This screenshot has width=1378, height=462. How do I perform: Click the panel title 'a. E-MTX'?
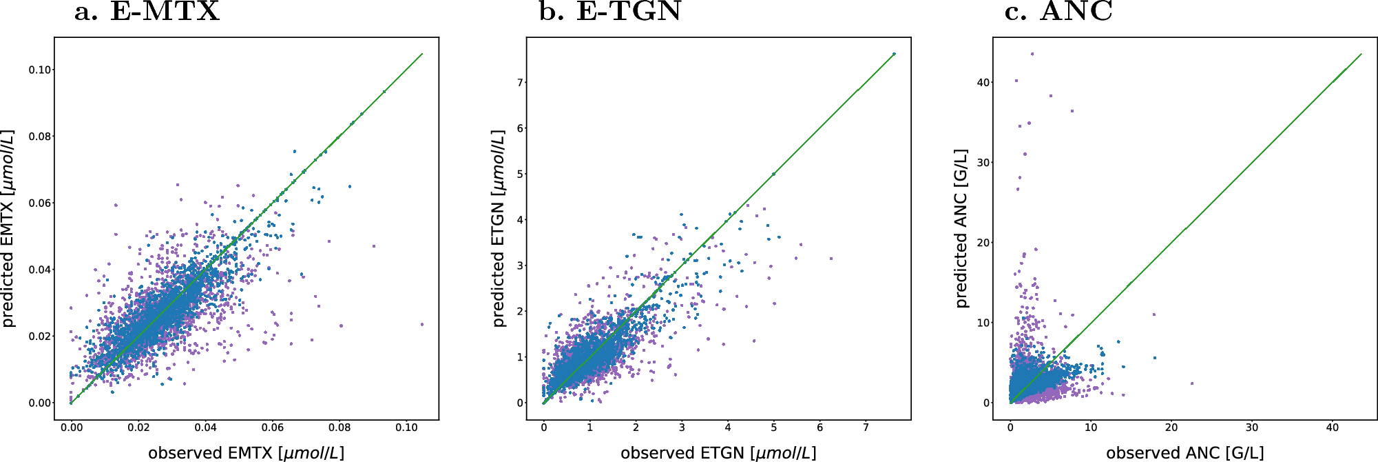[147, 12]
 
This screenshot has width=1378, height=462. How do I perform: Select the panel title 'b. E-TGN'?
[610, 12]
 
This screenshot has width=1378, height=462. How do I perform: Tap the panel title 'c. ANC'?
[1058, 12]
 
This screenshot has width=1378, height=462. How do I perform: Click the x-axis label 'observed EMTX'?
[246, 453]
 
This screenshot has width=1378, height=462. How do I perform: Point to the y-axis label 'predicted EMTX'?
[8, 228]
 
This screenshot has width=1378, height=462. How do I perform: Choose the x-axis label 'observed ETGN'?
[718, 453]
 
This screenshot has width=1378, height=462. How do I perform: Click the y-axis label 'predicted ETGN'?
[499, 228]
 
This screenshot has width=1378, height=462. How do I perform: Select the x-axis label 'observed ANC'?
[1184, 453]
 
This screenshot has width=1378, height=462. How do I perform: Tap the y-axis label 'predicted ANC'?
[962, 228]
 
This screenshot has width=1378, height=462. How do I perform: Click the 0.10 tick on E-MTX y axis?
[41, 70]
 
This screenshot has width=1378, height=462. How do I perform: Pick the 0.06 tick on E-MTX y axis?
[41, 203]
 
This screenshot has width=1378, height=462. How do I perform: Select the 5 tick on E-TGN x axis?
[773, 428]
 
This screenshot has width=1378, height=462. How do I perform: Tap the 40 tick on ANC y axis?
[983, 82]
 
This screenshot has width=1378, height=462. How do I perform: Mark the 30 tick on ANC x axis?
[1251, 428]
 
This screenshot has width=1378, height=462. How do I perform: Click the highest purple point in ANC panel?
[1032, 54]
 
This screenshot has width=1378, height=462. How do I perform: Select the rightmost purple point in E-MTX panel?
[422, 324]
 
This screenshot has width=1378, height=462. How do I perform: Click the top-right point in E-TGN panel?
[894, 54]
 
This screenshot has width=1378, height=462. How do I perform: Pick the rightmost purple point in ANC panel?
[1192, 383]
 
